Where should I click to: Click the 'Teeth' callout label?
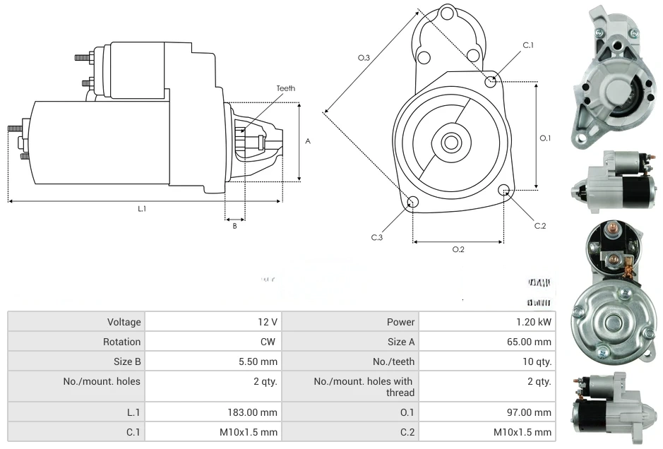point(285,88)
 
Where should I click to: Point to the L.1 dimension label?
point(142,208)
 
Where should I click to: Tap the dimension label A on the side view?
point(308,141)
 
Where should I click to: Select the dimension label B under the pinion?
point(234,226)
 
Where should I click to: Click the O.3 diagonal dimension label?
point(364,58)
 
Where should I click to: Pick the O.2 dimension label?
point(458,249)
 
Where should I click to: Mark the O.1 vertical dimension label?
point(545,138)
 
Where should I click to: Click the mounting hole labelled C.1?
point(491,82)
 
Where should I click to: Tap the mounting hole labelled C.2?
point(504,191)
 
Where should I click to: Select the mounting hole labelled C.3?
point(413,203)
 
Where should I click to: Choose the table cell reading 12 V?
point(268,322)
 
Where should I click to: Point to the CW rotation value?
point(269,342)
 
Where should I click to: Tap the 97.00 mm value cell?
point(533,412)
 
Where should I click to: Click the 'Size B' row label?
point(127,361)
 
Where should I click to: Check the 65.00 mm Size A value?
point(533,342)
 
